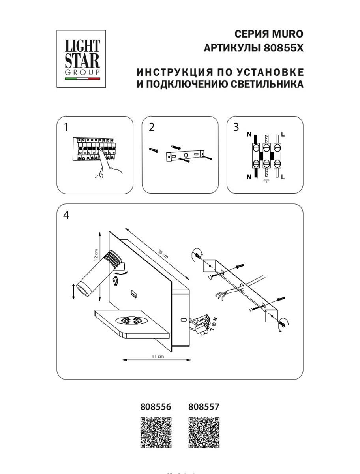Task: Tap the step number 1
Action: click(66, 127)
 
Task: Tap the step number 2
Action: click(152, 127)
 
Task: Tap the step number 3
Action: click(236, 127)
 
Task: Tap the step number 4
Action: click(66, 215)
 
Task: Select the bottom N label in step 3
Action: click(249, 177)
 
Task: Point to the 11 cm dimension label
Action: click(157, 357)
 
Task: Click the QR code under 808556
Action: click(156, 433)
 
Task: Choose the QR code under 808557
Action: click(204, 433)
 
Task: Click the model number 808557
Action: click(204, 406)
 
